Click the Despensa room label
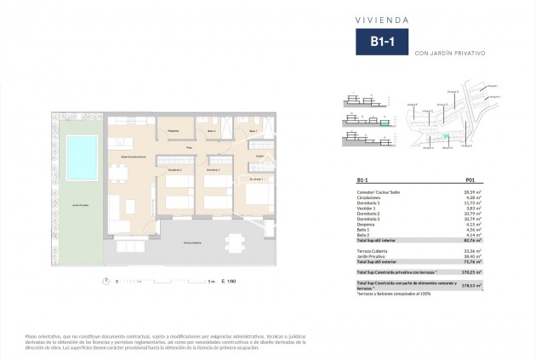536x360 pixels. click(173, 130)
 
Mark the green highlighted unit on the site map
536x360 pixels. click(442, 139)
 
